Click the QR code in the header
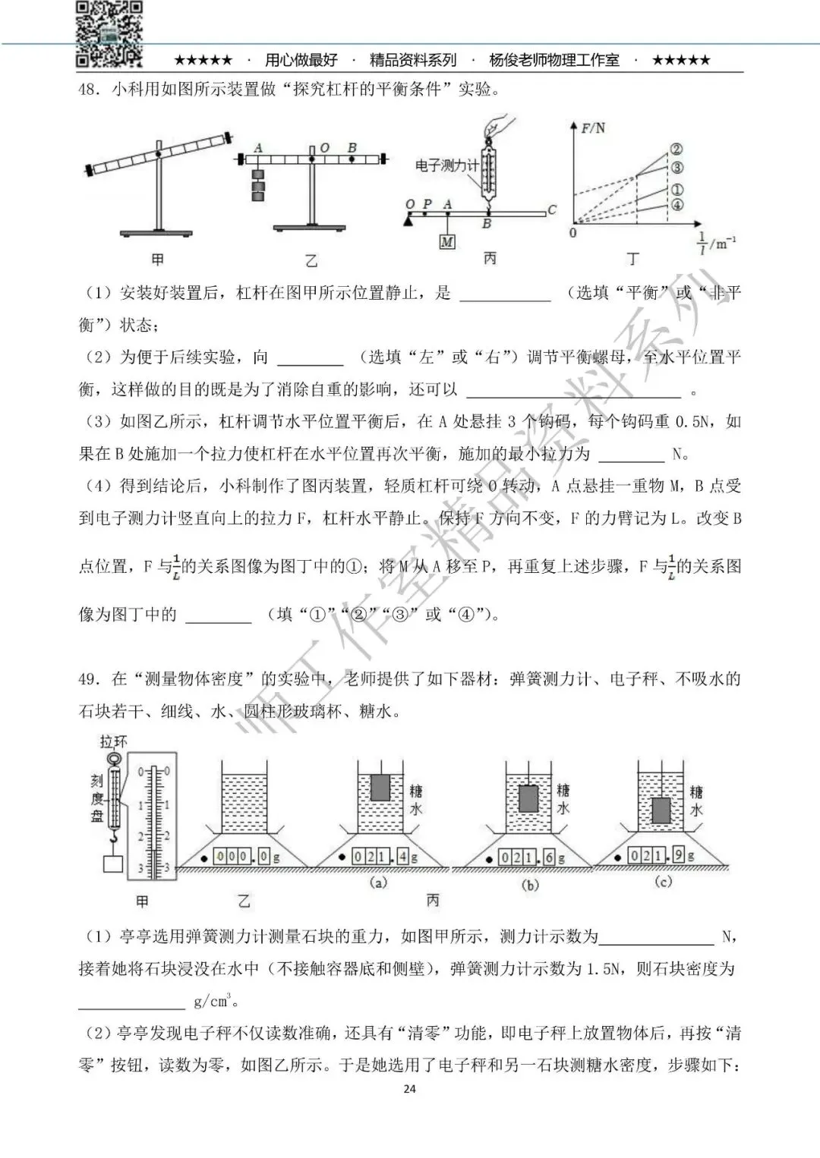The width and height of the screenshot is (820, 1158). pyautogui.click(x=109, y=33)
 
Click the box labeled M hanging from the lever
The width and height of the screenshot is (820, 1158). pyautogui.click(x=447, y=242)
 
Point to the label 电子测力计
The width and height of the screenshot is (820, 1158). pyautogui.click(x=447, y=165)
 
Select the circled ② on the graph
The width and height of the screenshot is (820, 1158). pyautogui.click(x=676, y=150)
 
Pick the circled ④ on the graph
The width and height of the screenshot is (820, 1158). pyautogui.click(x=677, y=205)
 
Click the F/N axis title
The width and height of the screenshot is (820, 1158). pyautogui.click(x=593, y=128)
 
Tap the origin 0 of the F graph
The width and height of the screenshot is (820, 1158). pyautogui.click(x=573, y=233)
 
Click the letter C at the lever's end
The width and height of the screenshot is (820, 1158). pyautogui.click(x=552, y=210)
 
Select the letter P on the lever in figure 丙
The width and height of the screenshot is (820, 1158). pyautogui.click(x=427, y=204)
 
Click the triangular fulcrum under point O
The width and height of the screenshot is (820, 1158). pyautogui.click(x=409, y=219)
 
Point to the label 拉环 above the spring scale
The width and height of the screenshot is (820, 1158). pyautogui.click(x=113, y=741)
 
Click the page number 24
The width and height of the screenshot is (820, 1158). pyautogui.click(x=409, y=1088)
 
